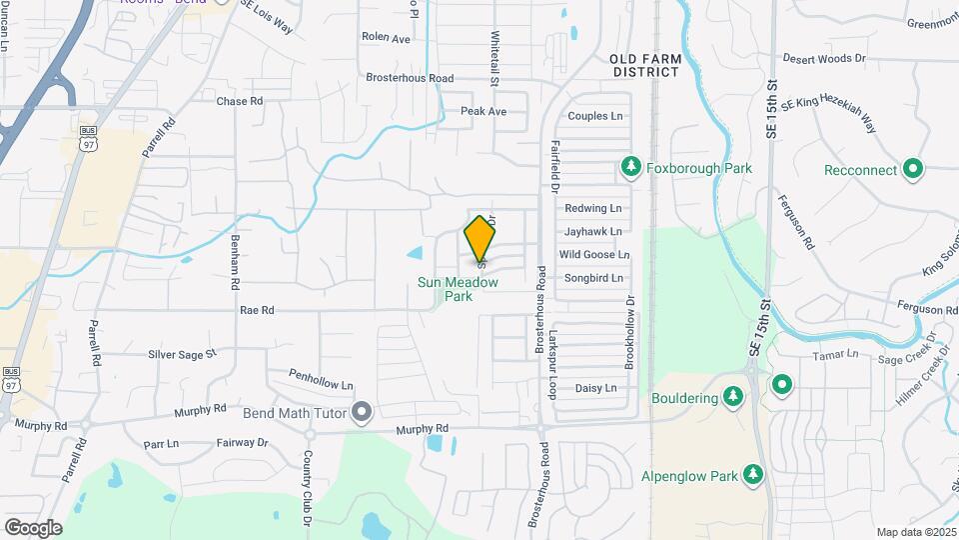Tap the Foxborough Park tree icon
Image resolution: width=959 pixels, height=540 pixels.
tap(630, 168)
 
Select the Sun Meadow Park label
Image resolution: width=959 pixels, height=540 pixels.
tap(458, 290)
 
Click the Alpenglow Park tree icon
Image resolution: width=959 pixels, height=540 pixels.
tap(757, 474)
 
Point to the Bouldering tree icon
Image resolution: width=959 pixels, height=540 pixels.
tap(734, 398)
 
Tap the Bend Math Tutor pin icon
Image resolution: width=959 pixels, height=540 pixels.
tap(362, 412)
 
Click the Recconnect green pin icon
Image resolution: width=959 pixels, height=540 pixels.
tap(912, 170)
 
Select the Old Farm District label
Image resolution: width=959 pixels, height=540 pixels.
tap(646, 66)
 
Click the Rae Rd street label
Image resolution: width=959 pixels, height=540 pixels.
tap(257, 311)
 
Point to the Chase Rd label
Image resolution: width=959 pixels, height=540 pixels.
tap(240, 101)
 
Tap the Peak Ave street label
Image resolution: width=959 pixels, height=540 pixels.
tap(483, 111)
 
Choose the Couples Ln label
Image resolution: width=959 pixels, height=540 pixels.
tap(594, 116)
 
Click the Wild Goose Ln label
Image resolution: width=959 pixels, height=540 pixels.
tap(594, 255)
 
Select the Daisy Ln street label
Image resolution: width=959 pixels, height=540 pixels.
tap(596, 388)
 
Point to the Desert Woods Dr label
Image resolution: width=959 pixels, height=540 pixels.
tap(824, 59)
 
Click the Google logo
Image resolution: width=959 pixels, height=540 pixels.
tap(33, 528)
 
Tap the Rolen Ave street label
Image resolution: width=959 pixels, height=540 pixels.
tap(387, 38)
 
